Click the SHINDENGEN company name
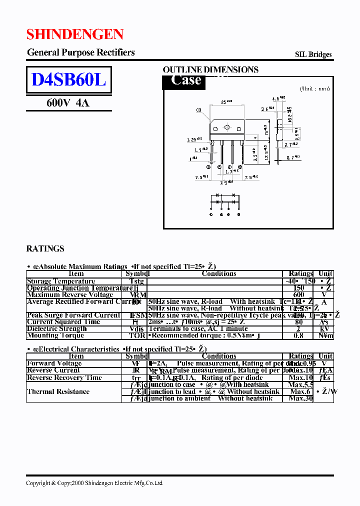point(74,34)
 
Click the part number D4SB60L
point(68,80)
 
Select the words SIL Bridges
point(313,54)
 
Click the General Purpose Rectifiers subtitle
point(80,52)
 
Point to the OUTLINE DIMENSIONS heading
point(210,70)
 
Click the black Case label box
point(184,81)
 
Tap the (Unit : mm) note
point(314,88)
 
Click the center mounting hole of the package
point(226,128)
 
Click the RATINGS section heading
point(45,248)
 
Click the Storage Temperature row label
point(60,281)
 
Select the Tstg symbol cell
point(136,281)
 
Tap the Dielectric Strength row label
point(56,328)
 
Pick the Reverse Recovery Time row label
point(64,377)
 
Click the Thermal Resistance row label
point(58,391)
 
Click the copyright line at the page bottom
point(94,483)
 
